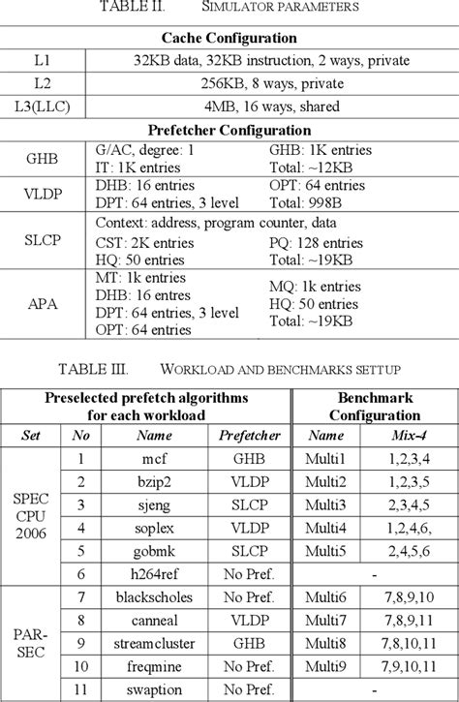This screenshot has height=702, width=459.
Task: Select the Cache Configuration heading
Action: tap(229, 38)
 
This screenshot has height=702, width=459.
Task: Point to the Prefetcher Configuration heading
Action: tap(229, 129)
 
